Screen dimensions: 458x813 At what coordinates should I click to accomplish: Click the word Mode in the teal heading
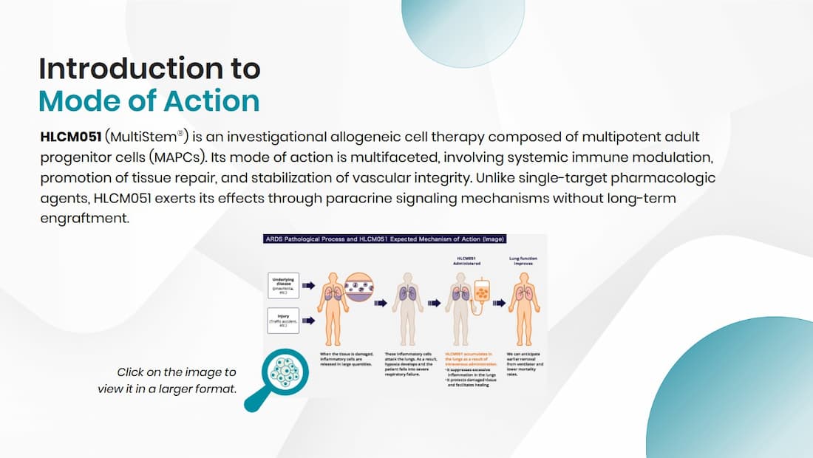tap(73, 100)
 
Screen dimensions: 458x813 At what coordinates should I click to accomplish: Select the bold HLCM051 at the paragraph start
tap(71, 138)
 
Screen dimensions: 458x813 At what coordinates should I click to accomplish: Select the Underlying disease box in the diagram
tap(284, 284)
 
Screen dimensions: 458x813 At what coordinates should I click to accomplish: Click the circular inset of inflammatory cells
tap(360, 287)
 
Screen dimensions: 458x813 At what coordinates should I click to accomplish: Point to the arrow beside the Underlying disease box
tap(309, 284)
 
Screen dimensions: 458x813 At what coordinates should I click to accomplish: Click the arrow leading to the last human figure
tap(500, 302)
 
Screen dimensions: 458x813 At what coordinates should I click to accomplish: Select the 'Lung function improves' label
tap(523, 261)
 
